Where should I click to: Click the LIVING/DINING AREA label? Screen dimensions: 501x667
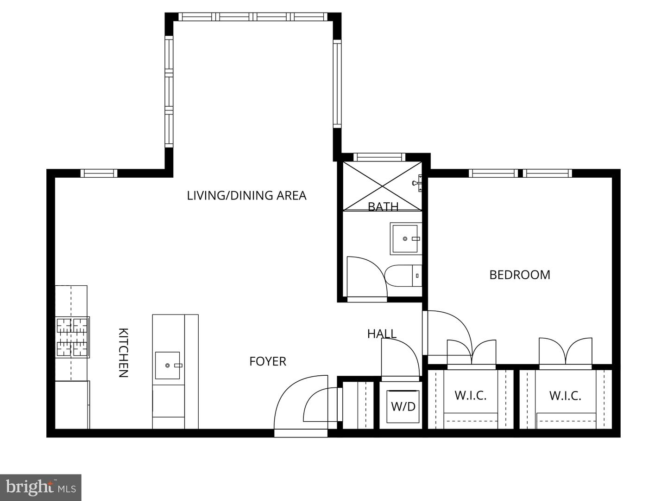coord(246,196)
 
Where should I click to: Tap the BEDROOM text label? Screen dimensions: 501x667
coord(520,275)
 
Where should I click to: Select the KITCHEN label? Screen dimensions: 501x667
coord(123,353)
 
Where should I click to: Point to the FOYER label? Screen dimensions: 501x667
coord(268,361)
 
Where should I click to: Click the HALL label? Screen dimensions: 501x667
coord(382,334)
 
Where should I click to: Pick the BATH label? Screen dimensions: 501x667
coord(383,206)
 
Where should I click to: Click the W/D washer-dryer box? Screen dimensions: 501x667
coord(403,407)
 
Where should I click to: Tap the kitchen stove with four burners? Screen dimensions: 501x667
coord(72,337)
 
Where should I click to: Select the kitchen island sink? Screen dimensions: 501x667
coord(168,365)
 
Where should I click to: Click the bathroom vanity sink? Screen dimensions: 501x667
coord(406,238)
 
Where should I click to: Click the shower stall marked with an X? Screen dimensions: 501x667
coord(382,186)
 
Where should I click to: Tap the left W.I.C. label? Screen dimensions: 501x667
coord(471,396)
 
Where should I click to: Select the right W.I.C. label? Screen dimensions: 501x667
coord(565,396)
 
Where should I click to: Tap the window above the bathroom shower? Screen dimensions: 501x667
coord(380,157)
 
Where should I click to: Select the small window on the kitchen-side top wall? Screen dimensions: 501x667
coord(99,173)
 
